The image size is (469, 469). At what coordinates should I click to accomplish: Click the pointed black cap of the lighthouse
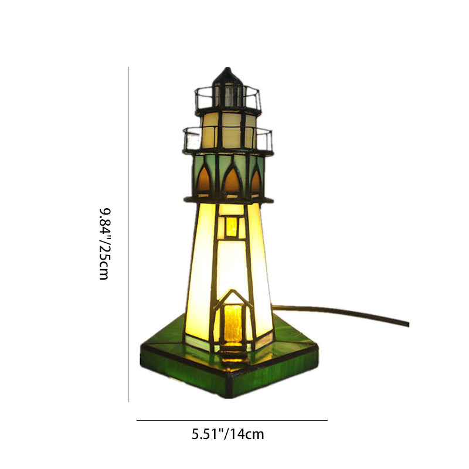pyautogui.click(x=227, y=76)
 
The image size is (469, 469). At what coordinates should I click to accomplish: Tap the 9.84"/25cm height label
pyautogui.click(x=105, y=244)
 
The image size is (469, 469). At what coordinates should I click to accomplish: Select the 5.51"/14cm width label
pyautogui.click(x=228, y=434)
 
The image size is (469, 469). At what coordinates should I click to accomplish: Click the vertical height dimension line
pyautogui.click(x=128, y=234)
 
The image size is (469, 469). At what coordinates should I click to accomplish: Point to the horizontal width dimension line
pyautogui.click(x=232, y=420)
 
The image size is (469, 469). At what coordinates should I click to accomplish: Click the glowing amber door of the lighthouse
pyautogui.click(x=233, y=324)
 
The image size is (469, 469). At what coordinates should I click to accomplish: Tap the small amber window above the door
pyautogui.click(x=232, y=226)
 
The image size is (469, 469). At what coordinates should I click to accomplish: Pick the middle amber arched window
pyautogui.click(x=232, y=181)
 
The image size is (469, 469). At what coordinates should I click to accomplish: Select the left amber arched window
pyautogui.click(x=203, y=179)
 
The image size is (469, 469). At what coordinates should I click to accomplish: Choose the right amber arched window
pyautogui.click(x=256, y=181)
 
